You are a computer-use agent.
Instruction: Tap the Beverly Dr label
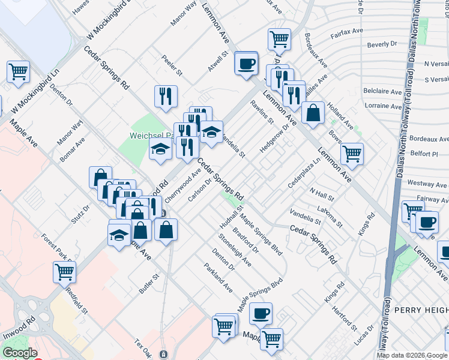tap(382, 44)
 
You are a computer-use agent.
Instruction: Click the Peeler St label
tap(172, 66)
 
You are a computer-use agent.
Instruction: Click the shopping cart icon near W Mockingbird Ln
tap(19, 71)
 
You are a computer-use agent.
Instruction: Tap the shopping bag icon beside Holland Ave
tap(313, 112)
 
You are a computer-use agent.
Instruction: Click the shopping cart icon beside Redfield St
tap(64, 272)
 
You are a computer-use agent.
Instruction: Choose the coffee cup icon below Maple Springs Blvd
tap(261, 313)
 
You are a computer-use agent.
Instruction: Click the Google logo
tap(20, 353)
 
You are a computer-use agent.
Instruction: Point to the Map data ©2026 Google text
tap(412, 355)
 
